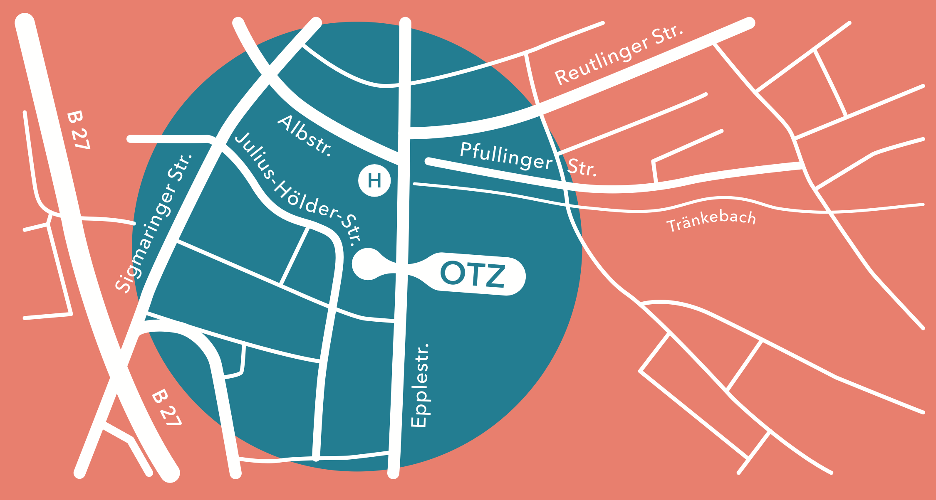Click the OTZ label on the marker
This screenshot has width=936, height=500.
tap(473, 274)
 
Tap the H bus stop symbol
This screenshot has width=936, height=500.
tap(374, 180)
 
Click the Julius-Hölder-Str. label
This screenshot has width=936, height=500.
tap(298, 189)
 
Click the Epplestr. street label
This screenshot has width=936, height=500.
tap(419, 385)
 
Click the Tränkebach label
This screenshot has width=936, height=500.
tap(711, 221)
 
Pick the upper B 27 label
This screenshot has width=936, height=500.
tap(78, 130)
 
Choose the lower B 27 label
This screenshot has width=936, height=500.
tap(166, 408)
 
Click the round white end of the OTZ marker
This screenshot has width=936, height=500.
tap(368, 264)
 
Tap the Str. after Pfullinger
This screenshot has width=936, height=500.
tap(582, 167)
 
